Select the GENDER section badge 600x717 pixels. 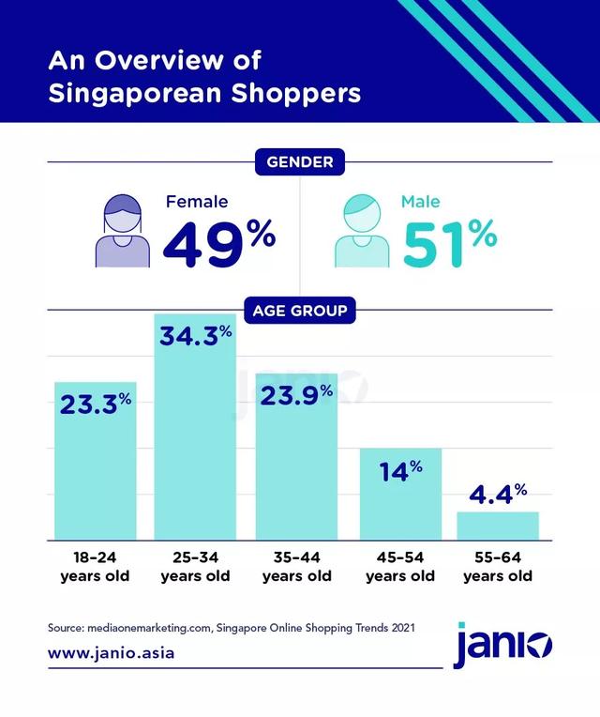pyautogui.click(x=299, y=162)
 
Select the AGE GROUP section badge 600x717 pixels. pyautogui.click(x=299, y=310)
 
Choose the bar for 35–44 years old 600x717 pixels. pyautogui.click(x=297, y=469)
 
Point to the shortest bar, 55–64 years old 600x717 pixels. pyautogui.click(x=497, y=526)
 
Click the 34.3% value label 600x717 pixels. pyautogui.click(x=195, y=336)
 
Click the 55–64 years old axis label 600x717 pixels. pyautogui.click(x=497, y=567)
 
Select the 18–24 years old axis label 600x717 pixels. pyautogui.click(x=95, y=567)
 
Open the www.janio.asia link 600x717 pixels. pyautogui.click(x=111, y=652)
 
